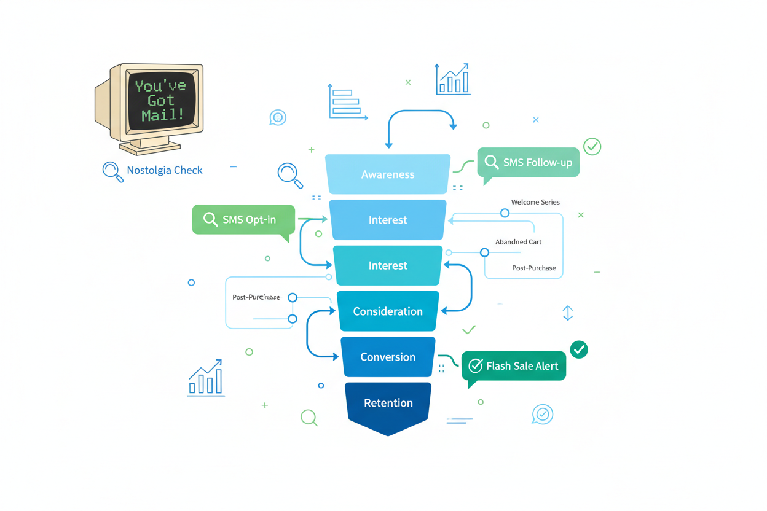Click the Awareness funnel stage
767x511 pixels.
pyautogui.click(x=388, y=174)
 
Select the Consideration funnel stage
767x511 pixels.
pyautogui.click(x=388, y=311)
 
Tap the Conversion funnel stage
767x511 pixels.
pyautogui.click(x=388, y=357)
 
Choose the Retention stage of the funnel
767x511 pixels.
pyautogui.click(x=388, y=404)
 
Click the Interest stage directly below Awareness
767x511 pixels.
pyautogui.click(x=388, y=220)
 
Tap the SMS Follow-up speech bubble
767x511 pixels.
pyautogui.click(x=529, y=163)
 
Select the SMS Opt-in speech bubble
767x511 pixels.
pyautogui.click(x=243, y=220)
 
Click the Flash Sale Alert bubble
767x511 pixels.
pyautogui.click(x=514, y=366)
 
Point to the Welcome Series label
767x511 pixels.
pyautogui.click(x=535, y=202)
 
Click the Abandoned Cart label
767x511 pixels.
pyautogui.click(x=518, y=242)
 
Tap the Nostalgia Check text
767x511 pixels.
pyautogui.click(x=164, y=171)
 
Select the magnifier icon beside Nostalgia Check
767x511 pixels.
pyautogui.click(x=112, y=171)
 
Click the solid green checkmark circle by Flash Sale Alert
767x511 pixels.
pyautogui.click(x=578, y=349)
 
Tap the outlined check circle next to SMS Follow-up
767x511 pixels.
pyautogui.click(x=592, y=147)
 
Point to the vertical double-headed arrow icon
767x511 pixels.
pyautogui.click(x=567, y=313)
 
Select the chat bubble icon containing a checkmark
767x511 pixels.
pyautogui.click(x=542, y=415)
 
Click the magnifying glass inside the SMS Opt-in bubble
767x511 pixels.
pyautogui.click(x=211, y=220)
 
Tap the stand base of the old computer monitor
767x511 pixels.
pyautogui.click(x=151, y=147)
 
